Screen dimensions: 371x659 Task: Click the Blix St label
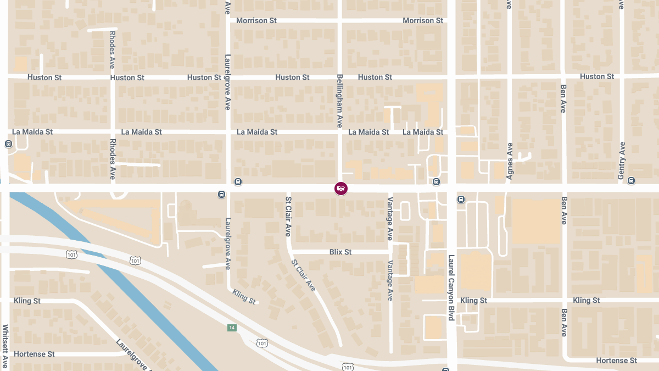(340, 252)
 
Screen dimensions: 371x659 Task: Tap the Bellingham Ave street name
(340, 101)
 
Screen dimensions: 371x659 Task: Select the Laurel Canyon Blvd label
(451, 287)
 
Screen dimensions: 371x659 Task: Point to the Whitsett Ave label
(5, 346)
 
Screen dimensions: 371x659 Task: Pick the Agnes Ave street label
(510, 162)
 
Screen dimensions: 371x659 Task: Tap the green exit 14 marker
(232, 328)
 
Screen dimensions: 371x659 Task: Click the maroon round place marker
(341, 189)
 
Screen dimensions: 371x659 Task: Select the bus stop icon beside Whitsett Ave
(8, 144)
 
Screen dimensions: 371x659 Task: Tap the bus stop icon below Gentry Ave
(632, 180)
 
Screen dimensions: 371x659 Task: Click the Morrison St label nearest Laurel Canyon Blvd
(423, 20)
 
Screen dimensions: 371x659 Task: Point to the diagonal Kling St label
(244, 297)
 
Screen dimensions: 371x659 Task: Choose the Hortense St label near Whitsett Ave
(34, 354)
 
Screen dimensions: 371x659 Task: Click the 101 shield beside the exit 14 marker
(263, 343)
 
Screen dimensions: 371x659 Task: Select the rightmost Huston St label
(597, 76)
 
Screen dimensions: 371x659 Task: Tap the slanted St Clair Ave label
(304, 275)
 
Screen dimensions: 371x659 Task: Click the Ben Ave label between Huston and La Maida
(563, 98)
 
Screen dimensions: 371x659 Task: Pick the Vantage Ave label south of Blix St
(390, 280)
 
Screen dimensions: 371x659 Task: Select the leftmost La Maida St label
(32, 132)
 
